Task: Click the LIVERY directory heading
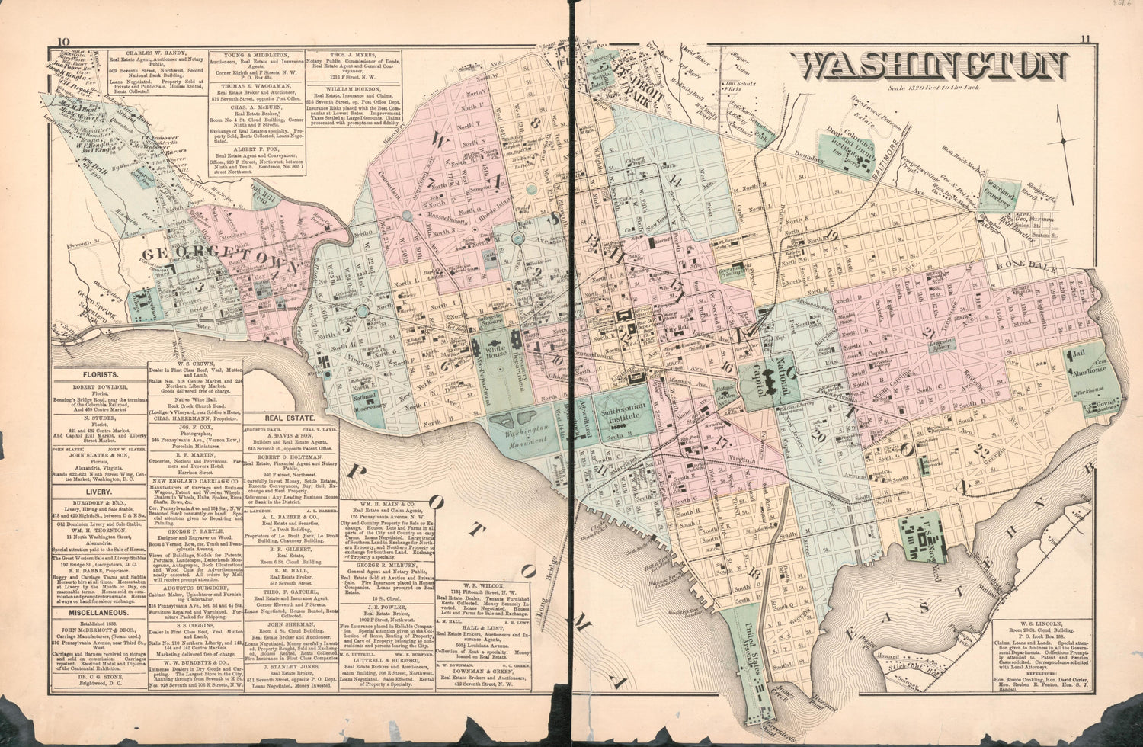pos(100,492)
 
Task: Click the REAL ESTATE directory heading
pos(291,418)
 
